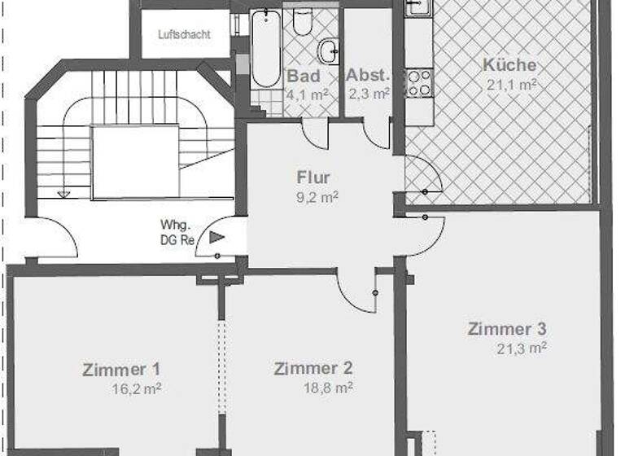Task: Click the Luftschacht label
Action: click(186, 35)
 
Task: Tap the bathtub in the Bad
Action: click(265, 49)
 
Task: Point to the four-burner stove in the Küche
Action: click(418, 82)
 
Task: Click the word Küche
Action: click(509, 65)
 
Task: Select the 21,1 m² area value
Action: click(510, 83)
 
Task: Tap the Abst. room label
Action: click(369, 76)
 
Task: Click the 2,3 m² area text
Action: click(369, 94)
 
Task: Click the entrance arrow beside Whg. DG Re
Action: click(216, 238)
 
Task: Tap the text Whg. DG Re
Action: click(175, 234)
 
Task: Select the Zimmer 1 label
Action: click(121, 369)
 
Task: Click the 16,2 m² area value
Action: click(137, 388)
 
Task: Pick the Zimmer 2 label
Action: click(313, 368)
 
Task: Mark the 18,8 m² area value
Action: click(328, 388)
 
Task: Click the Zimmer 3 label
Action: click(507, 329)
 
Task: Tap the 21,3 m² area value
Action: click(522, 349)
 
